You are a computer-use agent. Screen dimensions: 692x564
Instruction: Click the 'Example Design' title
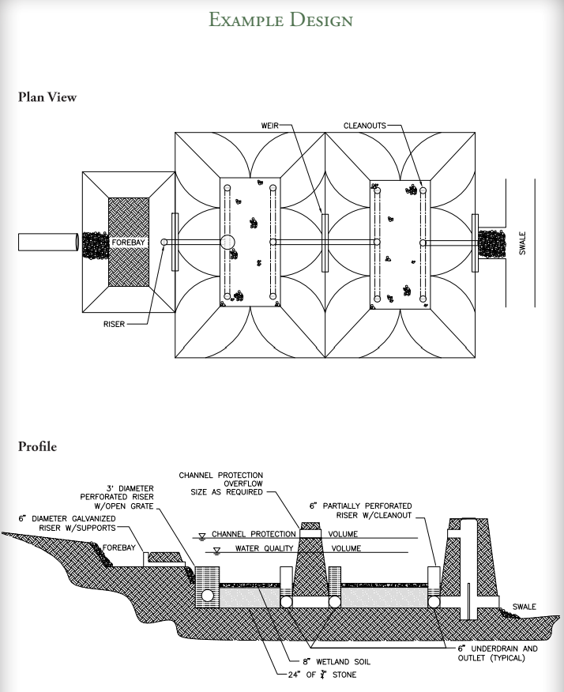click(x=280, y=19)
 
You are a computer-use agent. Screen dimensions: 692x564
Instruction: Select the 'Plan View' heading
click(x=47, y=98)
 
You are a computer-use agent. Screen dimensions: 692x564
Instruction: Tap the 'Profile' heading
click(x=37, y=447)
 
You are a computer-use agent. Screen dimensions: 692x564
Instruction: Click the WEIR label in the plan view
click(x=269, y=125)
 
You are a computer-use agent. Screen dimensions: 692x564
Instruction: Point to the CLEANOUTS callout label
click(x=366, y=125)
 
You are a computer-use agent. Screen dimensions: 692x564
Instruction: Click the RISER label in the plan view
click(x=114, y=324)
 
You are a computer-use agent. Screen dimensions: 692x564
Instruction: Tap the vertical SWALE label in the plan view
click(x=522, y=243)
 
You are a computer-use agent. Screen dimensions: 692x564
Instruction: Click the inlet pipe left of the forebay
click(x=47, y=242)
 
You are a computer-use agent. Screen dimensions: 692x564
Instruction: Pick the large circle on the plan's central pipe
click(x=227, y=242)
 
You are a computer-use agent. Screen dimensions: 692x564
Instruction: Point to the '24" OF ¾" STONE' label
click(x=327, y=675)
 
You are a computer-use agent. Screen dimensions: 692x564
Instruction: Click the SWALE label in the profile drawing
click(x=524, y=607)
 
